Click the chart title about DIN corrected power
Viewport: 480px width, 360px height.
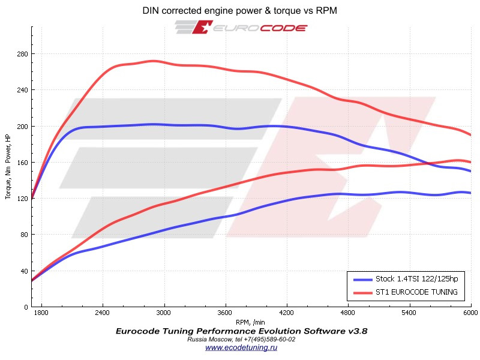(x=240, y=11)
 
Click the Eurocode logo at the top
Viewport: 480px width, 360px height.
(x=241, y=28)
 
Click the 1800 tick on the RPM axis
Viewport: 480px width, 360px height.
(x=41, y=313)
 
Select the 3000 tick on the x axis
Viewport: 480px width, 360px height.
(x=164, y=313)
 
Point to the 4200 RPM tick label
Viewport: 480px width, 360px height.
(x=287, y=313)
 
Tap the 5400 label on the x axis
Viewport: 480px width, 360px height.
(x=409, y=313)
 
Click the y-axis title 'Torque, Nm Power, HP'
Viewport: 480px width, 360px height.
(x=8, y=167)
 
